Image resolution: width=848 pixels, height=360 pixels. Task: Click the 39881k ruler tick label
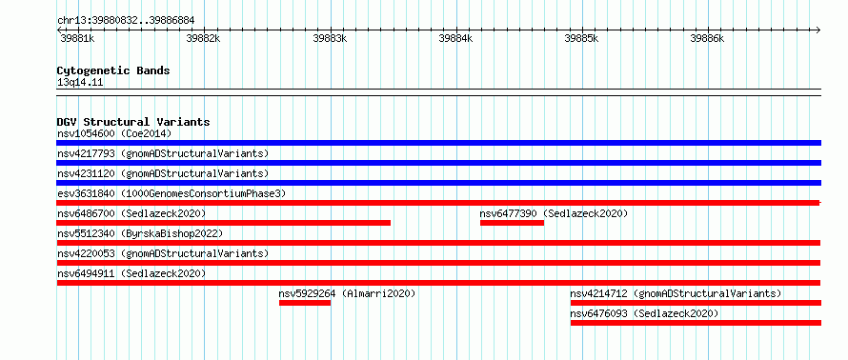(x=77, y=38)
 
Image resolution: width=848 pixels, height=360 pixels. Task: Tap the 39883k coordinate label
(x=331, y=38)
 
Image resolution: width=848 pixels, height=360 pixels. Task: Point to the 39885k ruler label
(x=581, y=38)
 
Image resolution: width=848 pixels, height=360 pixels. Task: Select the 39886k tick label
(x=707, y=38)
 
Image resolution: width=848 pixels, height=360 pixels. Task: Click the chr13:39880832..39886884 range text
(x=126, y=21)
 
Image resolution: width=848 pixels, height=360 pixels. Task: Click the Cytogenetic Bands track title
(x=113, y=70)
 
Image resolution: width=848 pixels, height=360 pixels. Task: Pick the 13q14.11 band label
(x=80, y=82)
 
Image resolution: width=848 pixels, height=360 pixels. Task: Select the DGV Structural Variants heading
(x=133, y=122)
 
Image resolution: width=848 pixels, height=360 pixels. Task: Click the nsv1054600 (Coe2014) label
(x=114, y=133)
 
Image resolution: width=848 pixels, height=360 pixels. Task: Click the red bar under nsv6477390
(x=512, y=223)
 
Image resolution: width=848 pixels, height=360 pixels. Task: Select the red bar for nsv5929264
(x=305, y=303)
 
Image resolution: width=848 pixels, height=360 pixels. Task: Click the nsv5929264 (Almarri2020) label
(x=347, y=293)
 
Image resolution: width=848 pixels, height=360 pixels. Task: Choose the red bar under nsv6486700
(x=223, y=223)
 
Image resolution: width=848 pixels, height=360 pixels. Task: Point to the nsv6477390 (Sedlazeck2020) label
(x=554, y=213)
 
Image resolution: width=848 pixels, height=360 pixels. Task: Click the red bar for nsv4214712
(x=696, y=303)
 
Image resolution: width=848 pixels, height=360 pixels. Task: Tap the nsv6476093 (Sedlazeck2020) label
(x=644, y=313)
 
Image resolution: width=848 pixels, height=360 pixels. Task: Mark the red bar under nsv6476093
(x=696, y=323)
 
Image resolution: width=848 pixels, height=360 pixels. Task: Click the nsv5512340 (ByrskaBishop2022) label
(x=140, y=233)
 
